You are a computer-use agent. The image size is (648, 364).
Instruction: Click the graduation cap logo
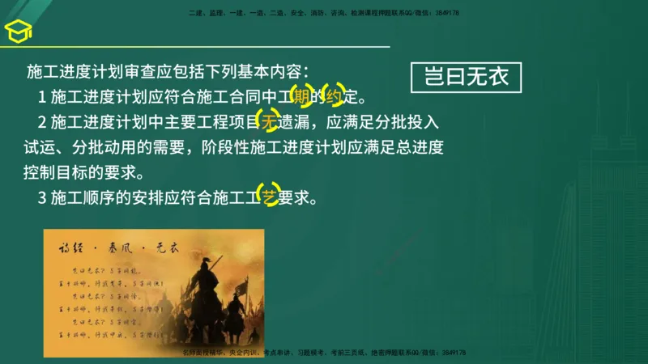17,32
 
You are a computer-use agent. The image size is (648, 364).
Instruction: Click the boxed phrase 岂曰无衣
467,78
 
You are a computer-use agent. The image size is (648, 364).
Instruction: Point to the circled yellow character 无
268,123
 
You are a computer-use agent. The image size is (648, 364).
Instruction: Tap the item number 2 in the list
42,124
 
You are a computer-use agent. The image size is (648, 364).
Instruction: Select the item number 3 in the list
42,197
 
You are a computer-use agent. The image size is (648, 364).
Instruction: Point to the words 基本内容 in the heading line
268,73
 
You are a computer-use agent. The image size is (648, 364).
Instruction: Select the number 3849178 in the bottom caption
453,353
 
